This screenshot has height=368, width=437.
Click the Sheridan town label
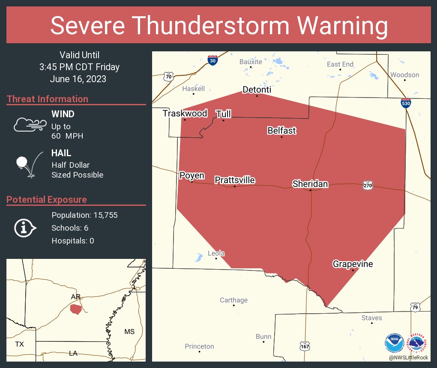(310, 184)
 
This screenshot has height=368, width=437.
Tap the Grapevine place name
(353, 264)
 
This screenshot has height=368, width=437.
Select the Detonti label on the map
(257, 89)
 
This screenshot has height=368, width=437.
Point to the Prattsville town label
(234, 180)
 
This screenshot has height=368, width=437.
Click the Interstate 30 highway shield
(213, 60)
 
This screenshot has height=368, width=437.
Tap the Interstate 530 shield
(406, 103)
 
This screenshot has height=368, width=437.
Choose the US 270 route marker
(368, 185)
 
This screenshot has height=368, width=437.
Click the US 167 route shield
(304, 345)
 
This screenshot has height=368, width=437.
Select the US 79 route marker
(414, 307)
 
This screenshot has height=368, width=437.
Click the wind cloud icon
(29, 125)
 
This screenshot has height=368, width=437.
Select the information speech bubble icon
(25, 228)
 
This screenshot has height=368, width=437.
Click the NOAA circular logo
(394, 343)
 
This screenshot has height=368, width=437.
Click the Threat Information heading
(48, 99)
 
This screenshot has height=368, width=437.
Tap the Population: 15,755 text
(84, 215)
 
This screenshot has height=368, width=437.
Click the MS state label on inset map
(129, 332)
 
